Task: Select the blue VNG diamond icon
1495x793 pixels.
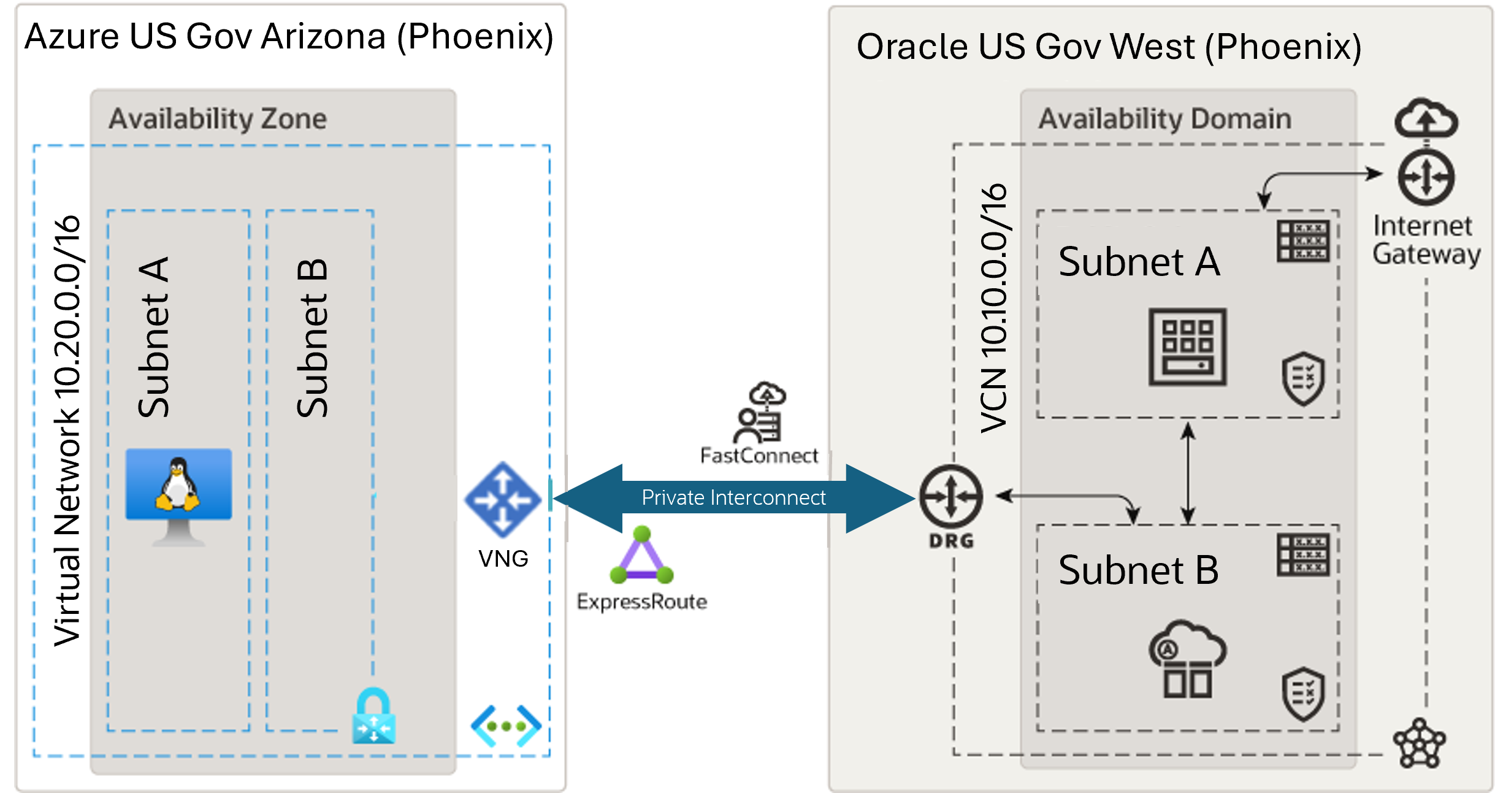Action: point(503,500)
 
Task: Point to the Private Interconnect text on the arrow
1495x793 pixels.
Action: point(733,497)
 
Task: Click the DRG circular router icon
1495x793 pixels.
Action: point(950,497)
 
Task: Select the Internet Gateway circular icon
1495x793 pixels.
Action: point(1426,178)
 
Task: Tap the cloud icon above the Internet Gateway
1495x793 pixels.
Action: point(1426,118)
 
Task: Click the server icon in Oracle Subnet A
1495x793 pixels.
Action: point(1187,347)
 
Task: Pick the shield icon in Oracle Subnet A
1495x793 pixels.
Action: point(1303,378)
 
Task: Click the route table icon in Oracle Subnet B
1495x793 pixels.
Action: point(1303,554)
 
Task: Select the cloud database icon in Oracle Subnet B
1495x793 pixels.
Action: point(1187,659)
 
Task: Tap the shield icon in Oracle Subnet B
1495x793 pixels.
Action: point(1303,694)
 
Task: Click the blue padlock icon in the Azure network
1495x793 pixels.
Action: point(373,716)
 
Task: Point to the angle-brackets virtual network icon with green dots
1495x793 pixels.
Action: point(506,726)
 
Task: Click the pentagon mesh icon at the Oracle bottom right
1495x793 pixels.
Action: point(1419,743)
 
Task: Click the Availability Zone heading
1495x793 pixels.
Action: point(218,118)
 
